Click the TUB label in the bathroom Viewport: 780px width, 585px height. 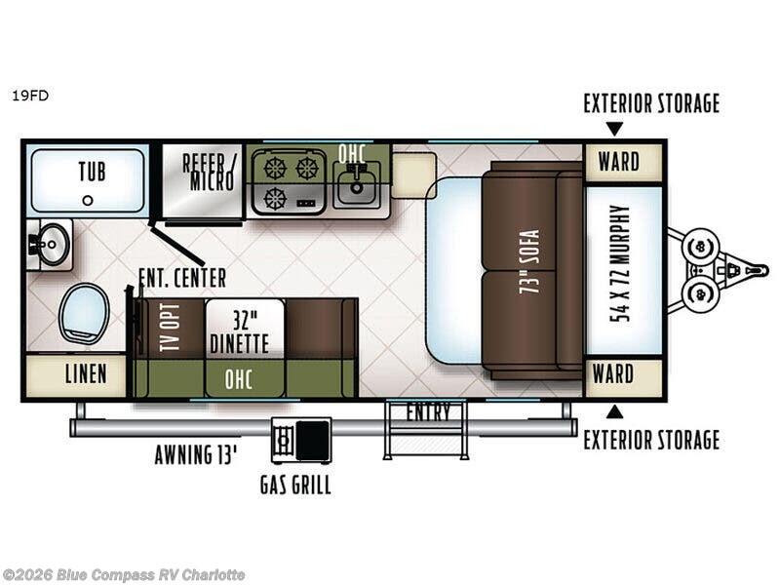pyautogui.click(x=92, y=172)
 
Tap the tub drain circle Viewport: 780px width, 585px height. pyautogui.click(x=88, y=201)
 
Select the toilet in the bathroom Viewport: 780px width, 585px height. pyautogui.click(x=84, y=313)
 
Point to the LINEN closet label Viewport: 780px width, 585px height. pyautogui.click(x=86, y=374)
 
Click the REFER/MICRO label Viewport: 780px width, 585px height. pyautogui.click(x=208, y=173)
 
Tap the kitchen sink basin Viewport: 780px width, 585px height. pyautogui.click(x=356, y=186)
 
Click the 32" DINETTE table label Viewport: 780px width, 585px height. pyautogui.click(x=239, y=332)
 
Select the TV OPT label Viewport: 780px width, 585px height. pyautogui.click(x=170, y=328)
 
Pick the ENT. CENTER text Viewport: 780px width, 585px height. pyautogui.click(x=182, y=278)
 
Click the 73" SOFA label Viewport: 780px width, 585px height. pyautogui.click(x=529, y=261)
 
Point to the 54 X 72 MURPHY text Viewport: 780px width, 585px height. pyautogui.click(x=620, y=264)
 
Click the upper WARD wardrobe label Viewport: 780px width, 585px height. pyautogui.click(x=619, y=162)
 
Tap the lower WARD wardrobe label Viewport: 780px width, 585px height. pyautogui.click(x=613, y=374)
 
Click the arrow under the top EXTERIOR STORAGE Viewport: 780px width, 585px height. pyautogui.click(x=615, y=129)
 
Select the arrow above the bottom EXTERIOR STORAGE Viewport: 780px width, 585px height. pyautogui.click(x=615, y=411)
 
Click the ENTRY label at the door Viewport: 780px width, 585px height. pyautogui.click(x=428, y=412)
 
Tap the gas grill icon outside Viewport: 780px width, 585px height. pyautogui.click(x=301, y=441)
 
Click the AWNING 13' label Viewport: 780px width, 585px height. pyautogui.click(x=196, y=454)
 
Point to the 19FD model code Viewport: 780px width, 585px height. pyautogui.click(x=30, y=96)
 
